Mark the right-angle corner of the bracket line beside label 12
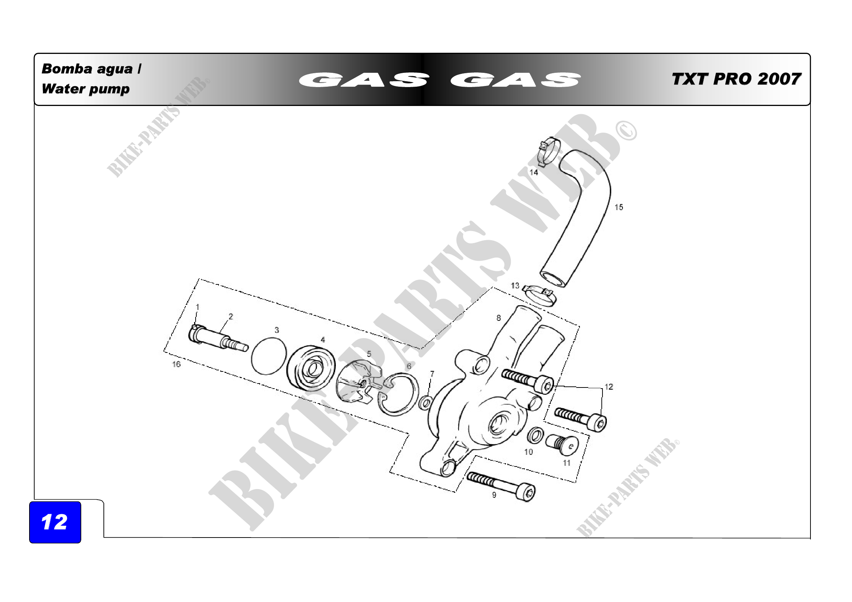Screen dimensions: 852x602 click(x=602, y=388)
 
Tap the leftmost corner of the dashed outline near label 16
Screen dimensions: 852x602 click(x=164, y=350)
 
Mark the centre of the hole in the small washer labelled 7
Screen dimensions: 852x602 click(x=425, y=403)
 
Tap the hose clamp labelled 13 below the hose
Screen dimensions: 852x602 click(x=539, y=295)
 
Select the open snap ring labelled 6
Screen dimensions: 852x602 click(x=398, y=394)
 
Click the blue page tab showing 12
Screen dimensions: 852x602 click(x=55, y=522)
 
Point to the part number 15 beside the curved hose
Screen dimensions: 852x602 click(x=619, y=207)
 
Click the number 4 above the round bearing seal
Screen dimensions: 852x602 click(x=323, y=340)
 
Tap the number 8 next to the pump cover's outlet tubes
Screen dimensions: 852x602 click(x=499, y=318)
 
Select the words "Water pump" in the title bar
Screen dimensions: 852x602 click(x=86, y=89)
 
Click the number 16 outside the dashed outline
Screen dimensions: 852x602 click(x=176, y=365)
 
